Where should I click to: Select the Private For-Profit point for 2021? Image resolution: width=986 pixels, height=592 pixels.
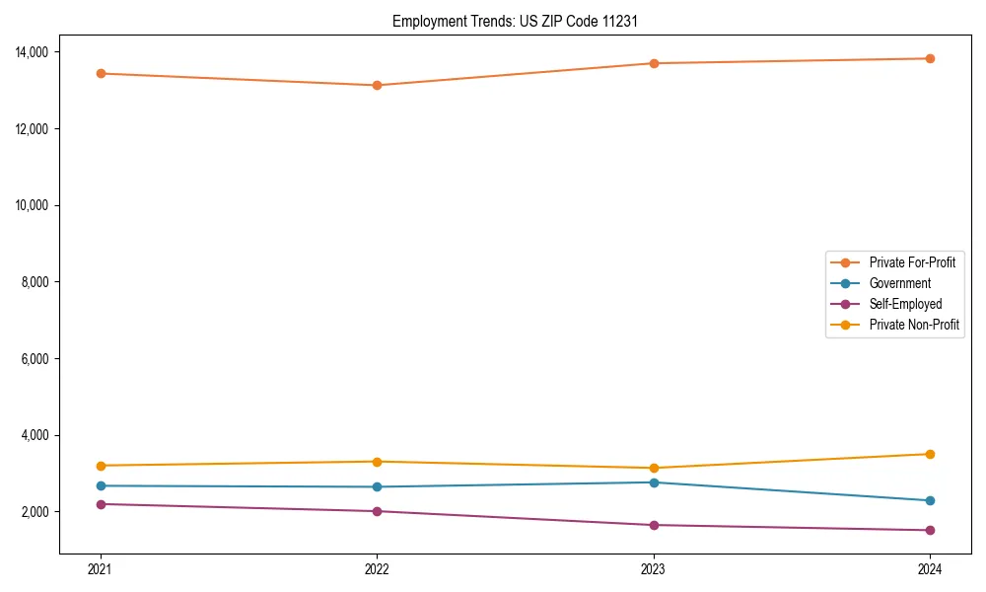pos(101,73)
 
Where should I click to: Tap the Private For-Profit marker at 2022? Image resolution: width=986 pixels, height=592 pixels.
pos(377,85)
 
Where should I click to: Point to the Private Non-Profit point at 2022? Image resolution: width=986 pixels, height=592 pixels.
pos(377,462)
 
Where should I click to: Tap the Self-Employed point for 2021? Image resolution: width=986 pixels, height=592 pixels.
pos(101,504)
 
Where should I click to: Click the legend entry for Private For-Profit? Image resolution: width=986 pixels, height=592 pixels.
pos(911,262)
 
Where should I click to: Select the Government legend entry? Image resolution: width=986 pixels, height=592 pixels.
pos(899,283)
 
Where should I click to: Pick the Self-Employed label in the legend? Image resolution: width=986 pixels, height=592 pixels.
pos(905,304)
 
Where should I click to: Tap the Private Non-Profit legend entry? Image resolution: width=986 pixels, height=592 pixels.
pos(914,325)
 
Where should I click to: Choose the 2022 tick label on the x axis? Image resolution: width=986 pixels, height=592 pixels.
pos(377,569)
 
